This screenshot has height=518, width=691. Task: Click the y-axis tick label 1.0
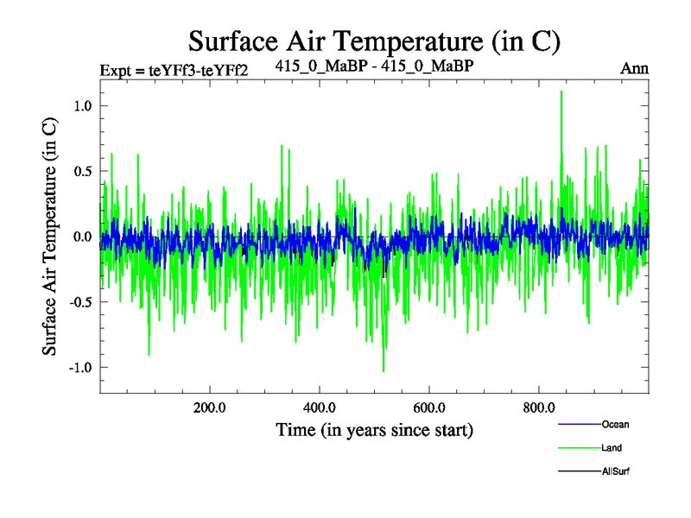(x=82, y=105)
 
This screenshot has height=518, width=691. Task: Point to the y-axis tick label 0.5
(x=82, y=171)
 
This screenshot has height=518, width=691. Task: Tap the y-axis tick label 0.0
(x=82, y=237)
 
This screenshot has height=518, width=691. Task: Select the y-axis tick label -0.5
(x=79, y=302)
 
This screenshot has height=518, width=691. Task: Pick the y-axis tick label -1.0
(x=79, y=368)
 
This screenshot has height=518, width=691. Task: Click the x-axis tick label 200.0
(x=210, y=407)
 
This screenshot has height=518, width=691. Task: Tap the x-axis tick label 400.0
(x=320, y=407)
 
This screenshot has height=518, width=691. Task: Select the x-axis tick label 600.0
(x=429, y=407)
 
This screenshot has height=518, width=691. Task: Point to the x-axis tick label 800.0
(x=539, y=407)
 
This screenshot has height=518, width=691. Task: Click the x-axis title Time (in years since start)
(x=374, y=429)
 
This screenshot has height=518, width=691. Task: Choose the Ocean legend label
(x=615, y=424)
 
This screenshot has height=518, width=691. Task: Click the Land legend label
(x=612, y=448)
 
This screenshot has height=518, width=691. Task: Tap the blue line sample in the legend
(x=579, y=425)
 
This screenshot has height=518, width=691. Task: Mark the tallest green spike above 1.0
(x=561, y=92)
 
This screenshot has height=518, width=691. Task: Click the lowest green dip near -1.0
(x=384, y=370)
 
